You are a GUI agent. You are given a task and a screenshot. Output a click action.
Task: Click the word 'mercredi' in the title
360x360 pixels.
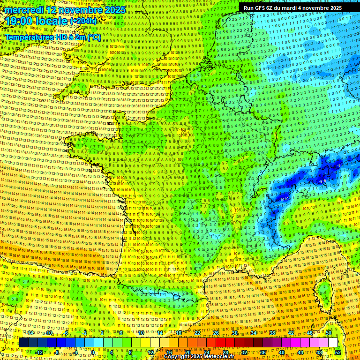[22, 10]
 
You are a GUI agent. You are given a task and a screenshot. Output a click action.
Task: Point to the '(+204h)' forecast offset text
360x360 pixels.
[83, 21]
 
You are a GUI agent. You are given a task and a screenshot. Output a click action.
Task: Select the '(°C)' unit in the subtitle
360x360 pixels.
[93, 37]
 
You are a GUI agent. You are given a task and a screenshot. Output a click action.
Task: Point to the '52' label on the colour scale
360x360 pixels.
[338, 352]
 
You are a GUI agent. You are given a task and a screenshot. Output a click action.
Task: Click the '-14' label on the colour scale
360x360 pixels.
[30, 333]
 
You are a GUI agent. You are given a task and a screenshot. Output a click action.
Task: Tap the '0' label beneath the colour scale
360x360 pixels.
[92, 352]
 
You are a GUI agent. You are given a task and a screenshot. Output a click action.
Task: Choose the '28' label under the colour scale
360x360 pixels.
[225, 352]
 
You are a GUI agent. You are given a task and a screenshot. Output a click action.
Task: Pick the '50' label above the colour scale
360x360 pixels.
[328, 333]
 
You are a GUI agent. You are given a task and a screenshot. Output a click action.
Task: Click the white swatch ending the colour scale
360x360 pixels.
[333, 343]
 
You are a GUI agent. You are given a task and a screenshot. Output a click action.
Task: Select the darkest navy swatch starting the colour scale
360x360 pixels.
[23, 343]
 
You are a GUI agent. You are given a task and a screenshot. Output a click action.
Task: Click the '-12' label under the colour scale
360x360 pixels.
[39, 352]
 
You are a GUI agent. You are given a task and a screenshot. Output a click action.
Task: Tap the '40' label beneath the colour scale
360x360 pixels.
[281, 352]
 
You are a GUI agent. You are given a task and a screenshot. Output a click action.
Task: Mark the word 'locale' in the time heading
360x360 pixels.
[51, 22]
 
